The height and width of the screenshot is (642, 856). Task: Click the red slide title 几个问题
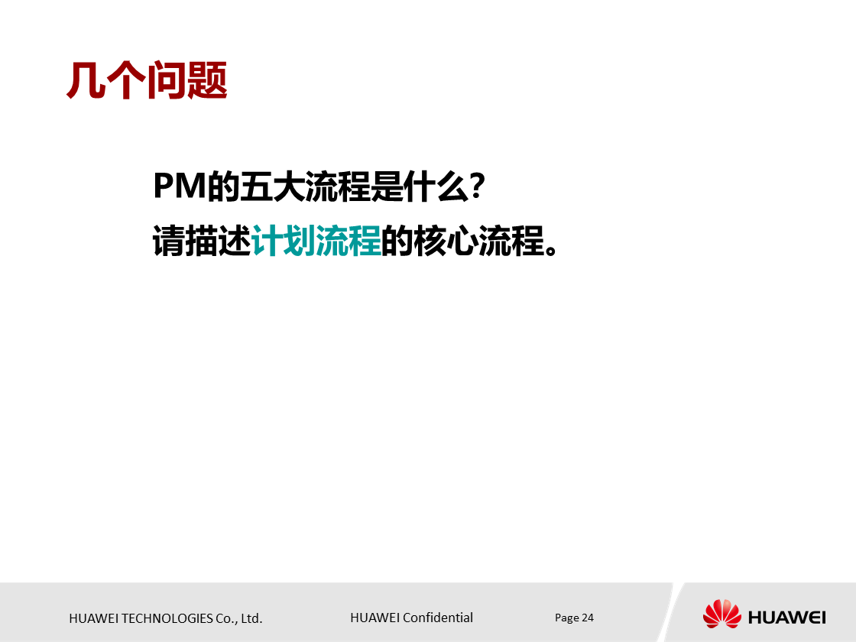[x=147, y=80]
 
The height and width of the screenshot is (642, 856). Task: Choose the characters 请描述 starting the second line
[x=202, y=241]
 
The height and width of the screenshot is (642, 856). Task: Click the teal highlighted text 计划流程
[x=316, y=241]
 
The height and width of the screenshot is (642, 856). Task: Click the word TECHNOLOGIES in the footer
[x=157, y=618]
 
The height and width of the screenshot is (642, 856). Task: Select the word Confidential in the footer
[x=438, y=618]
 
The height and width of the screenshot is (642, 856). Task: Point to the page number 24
[x=588, y=618]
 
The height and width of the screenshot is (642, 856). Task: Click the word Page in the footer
[x=566, y=618]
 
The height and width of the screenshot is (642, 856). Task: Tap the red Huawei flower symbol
[x=721, y=614]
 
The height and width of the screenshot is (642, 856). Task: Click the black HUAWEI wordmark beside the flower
[x=786, y=617]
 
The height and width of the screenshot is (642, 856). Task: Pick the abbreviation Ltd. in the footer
[x=251, y=618]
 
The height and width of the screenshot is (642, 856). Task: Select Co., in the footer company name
[x=226, y=618]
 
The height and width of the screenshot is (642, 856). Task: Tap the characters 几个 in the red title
[x=106, y=80]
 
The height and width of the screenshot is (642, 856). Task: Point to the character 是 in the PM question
[x=385, y=186]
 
